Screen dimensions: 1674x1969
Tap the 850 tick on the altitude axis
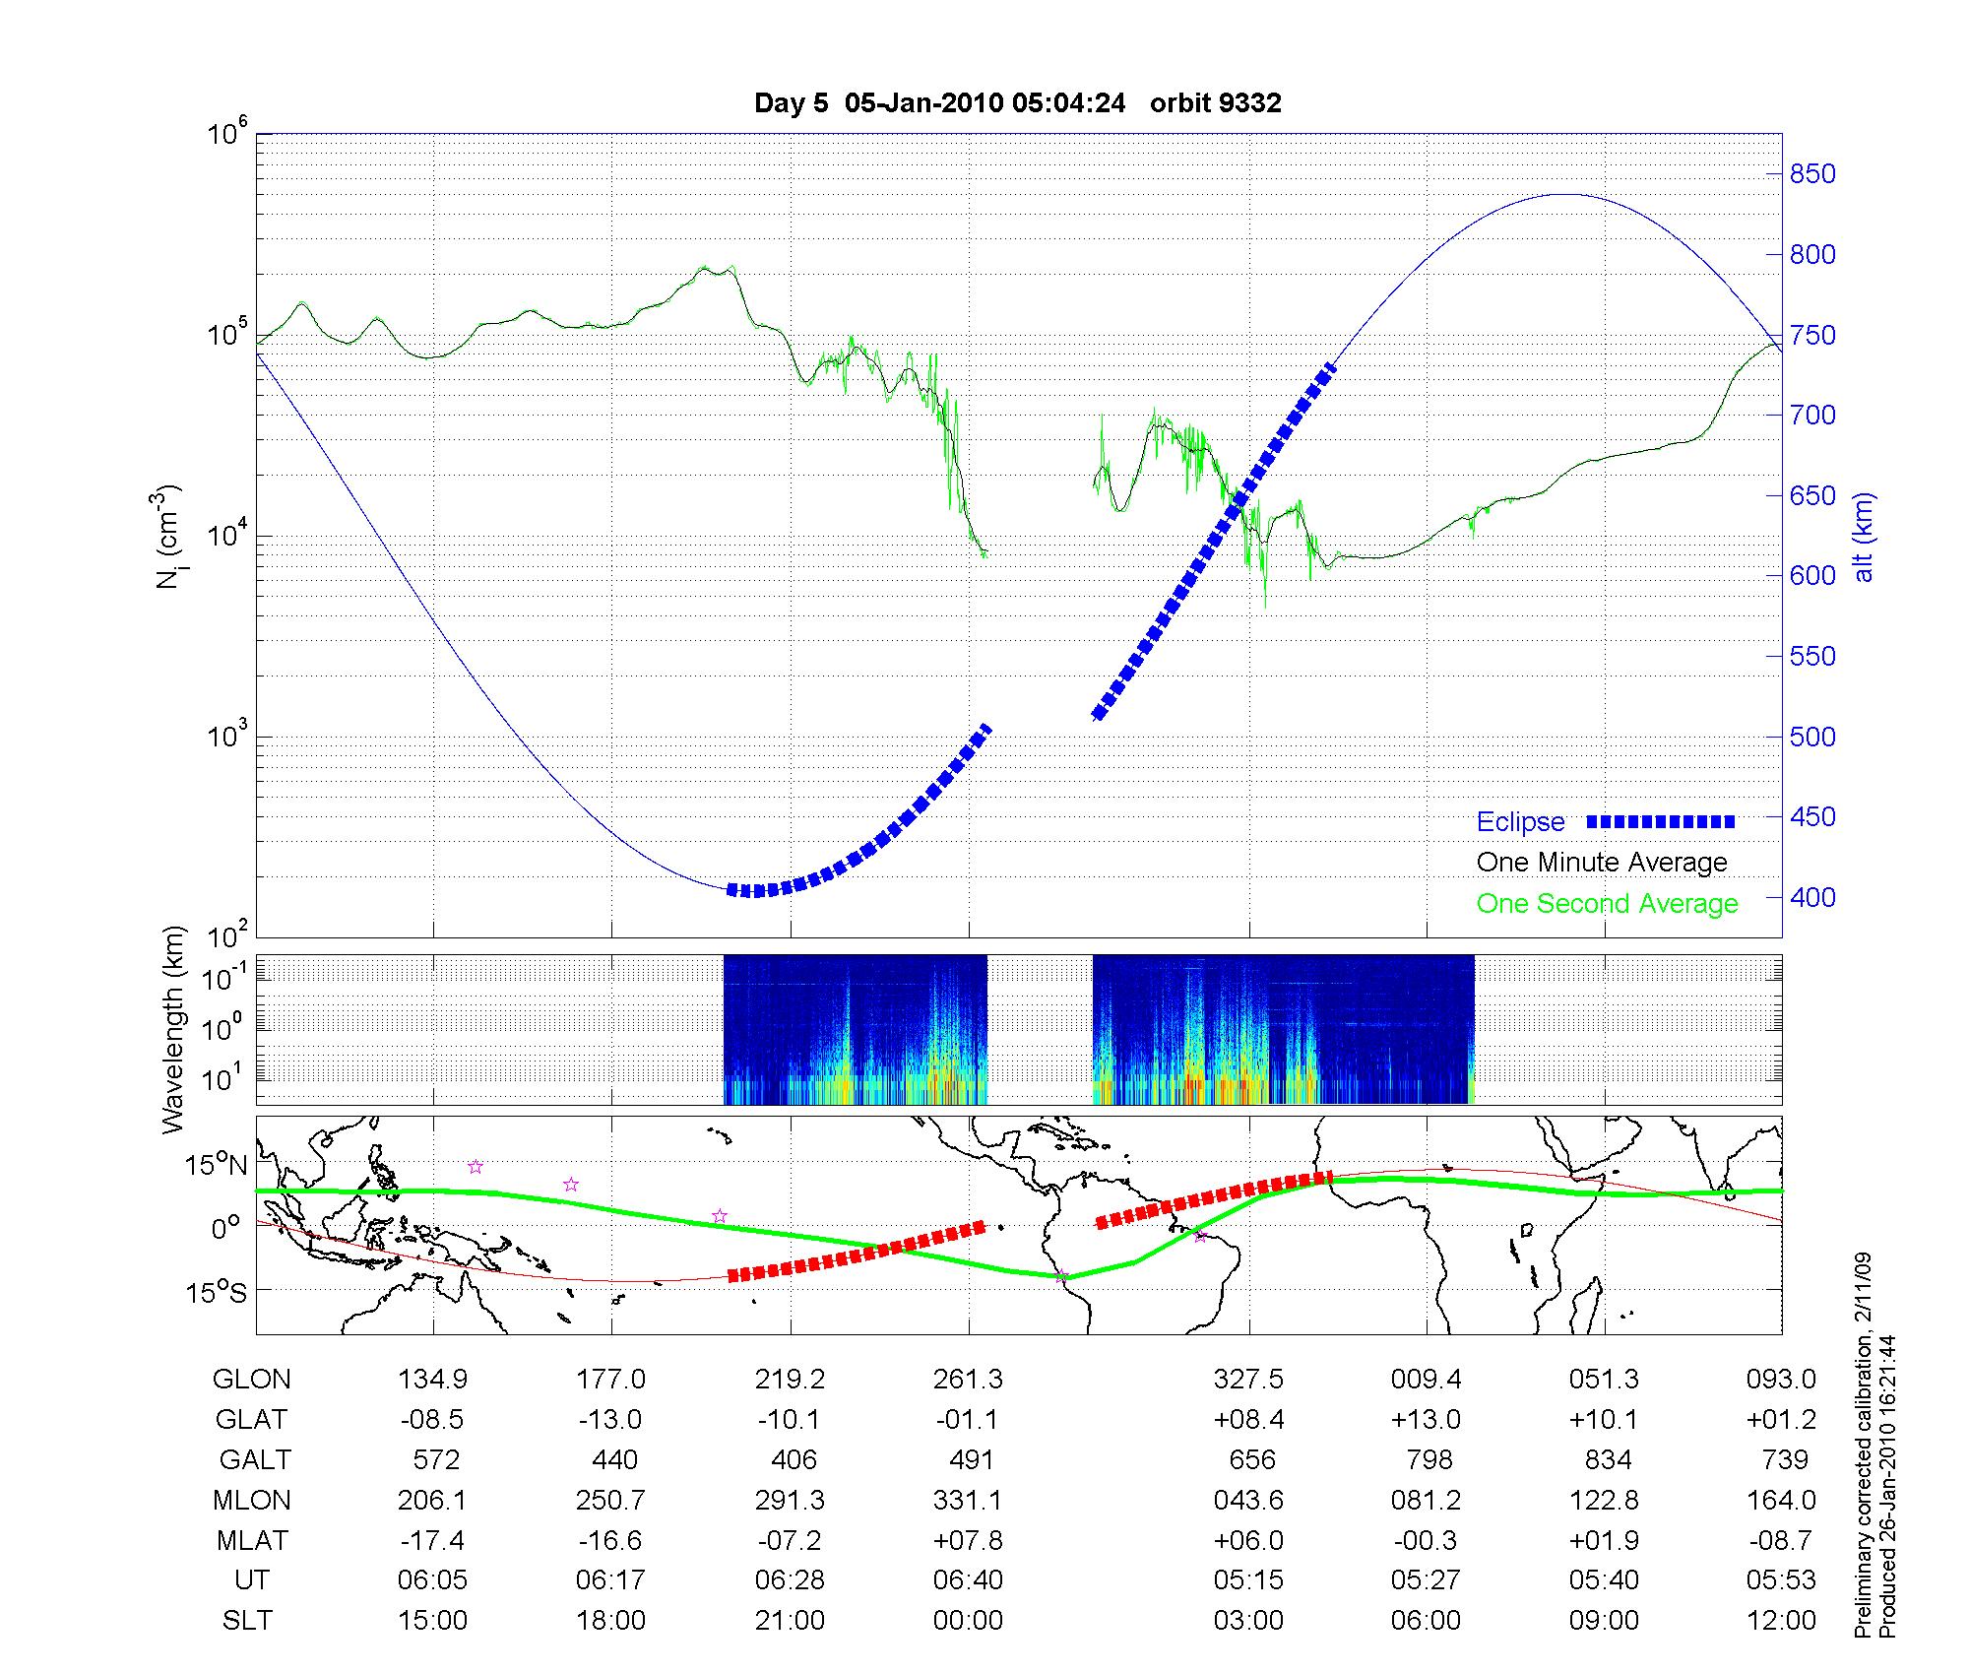(1811, 174)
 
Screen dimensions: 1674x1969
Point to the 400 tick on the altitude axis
(1811, 898)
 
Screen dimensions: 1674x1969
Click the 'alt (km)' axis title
(1863, 537)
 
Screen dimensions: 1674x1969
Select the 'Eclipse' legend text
(1520, 822)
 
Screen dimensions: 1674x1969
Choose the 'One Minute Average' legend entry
(1602, 863)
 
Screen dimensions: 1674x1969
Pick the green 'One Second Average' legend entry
(1607, 904)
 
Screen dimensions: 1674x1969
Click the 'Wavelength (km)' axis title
(173, 1030)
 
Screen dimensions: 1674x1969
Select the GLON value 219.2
(790, 1380)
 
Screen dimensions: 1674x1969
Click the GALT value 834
(1608, 1460)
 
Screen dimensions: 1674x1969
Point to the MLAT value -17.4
(432, 1541)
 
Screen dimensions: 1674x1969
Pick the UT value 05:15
(1248, 1581)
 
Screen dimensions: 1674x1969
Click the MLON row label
(252, 1501)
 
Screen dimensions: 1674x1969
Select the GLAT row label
(252, 1420)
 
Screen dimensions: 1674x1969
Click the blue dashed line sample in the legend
(1660, 821)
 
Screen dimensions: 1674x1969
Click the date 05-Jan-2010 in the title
(924, 103)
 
